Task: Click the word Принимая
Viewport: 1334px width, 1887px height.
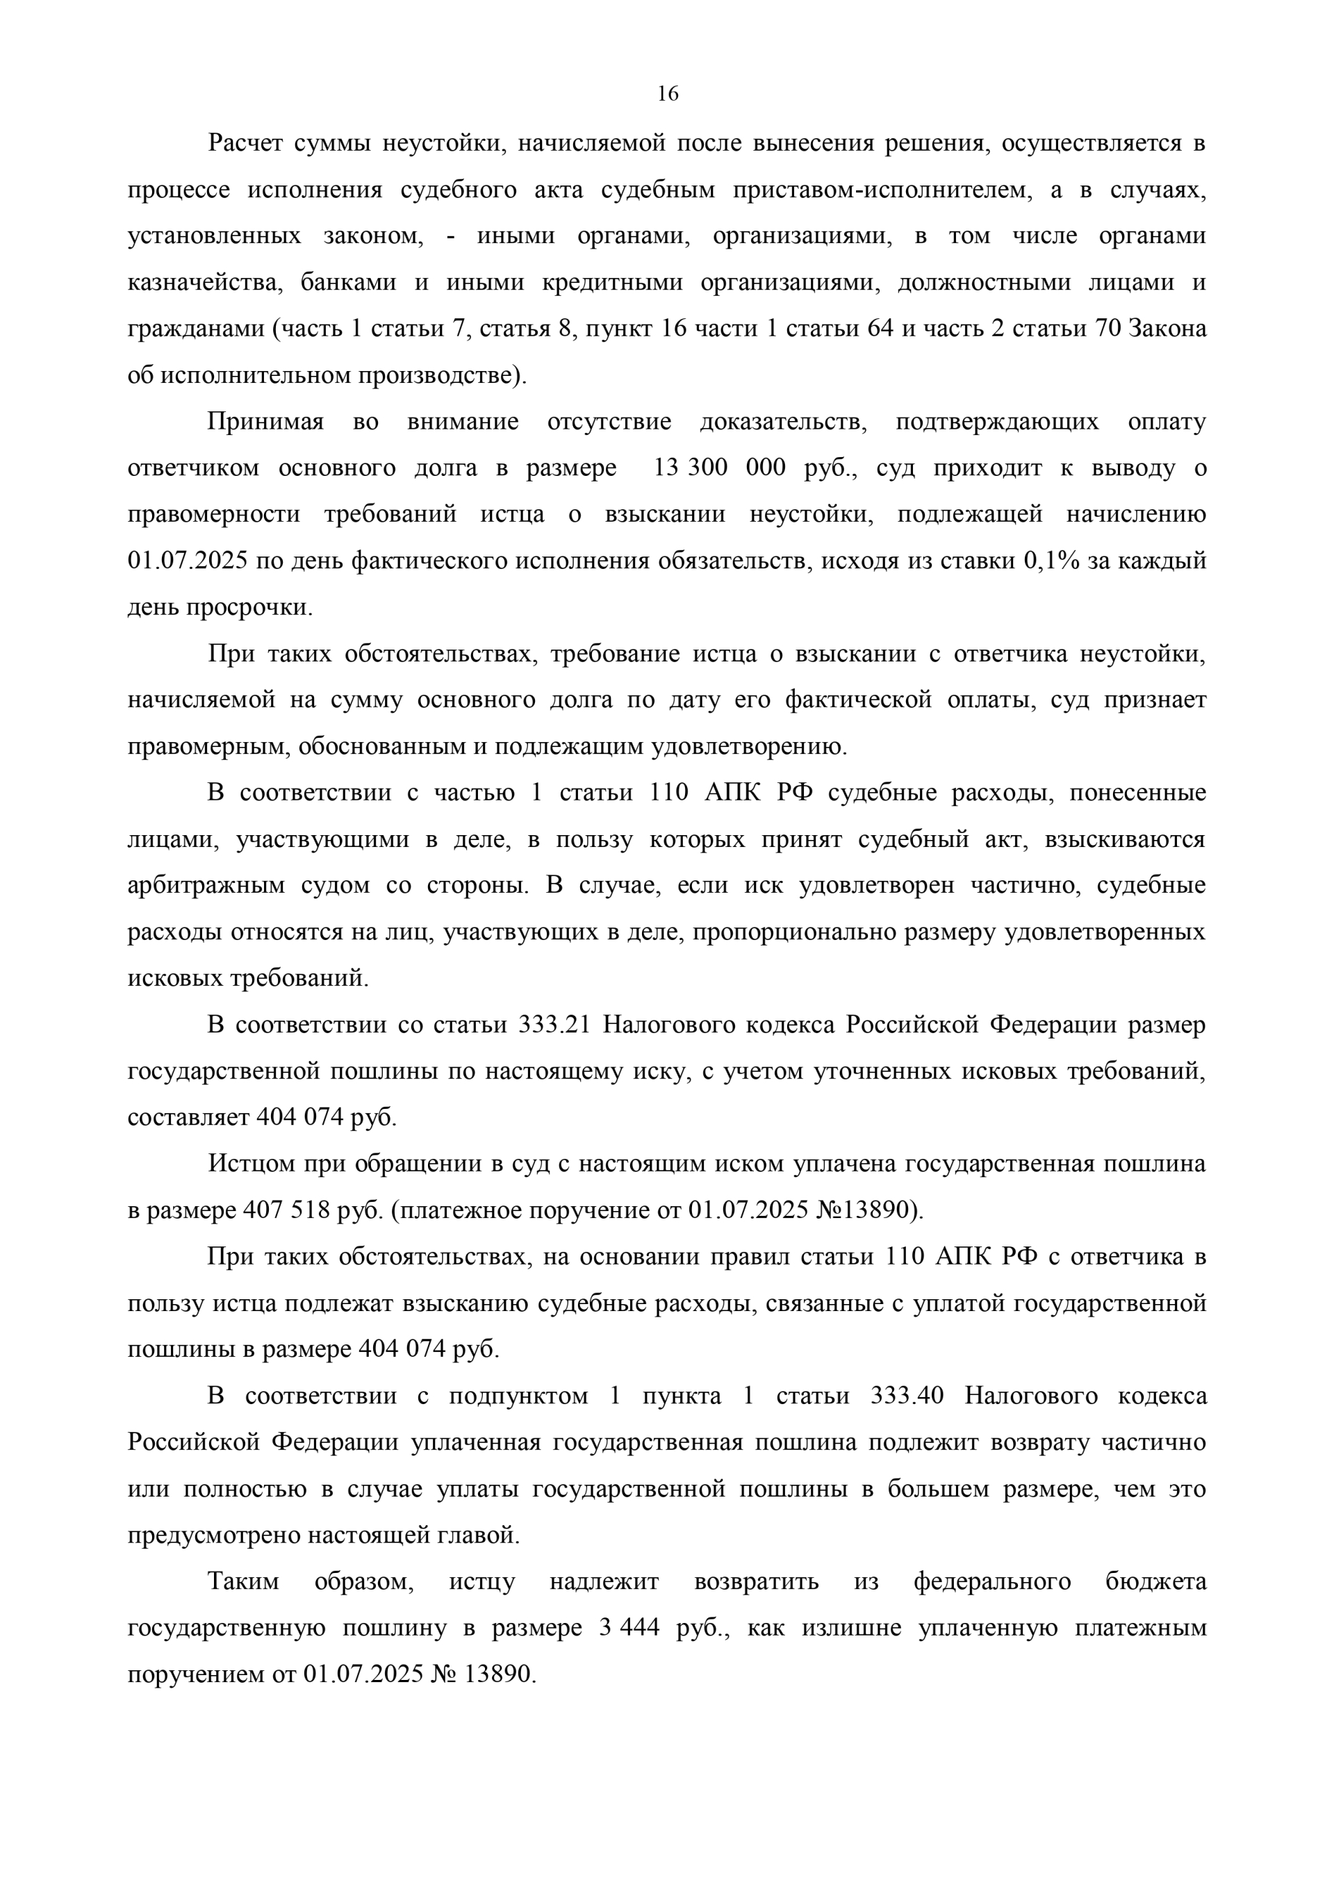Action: (x=265, y=422)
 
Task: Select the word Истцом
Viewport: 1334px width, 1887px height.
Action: (x=249, y=1164)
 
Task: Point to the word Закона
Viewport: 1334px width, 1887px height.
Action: (x=1168, y=329)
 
